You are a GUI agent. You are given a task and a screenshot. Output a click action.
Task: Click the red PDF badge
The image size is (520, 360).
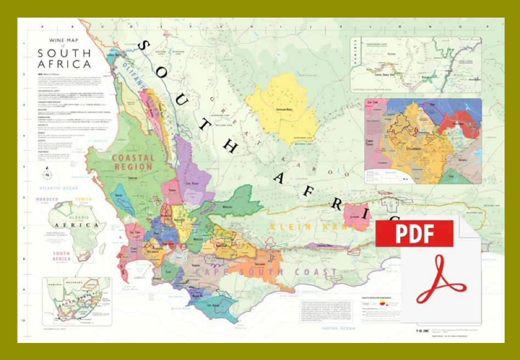[415, 234]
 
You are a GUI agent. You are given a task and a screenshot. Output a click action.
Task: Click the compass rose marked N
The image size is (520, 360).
[47, 175]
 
